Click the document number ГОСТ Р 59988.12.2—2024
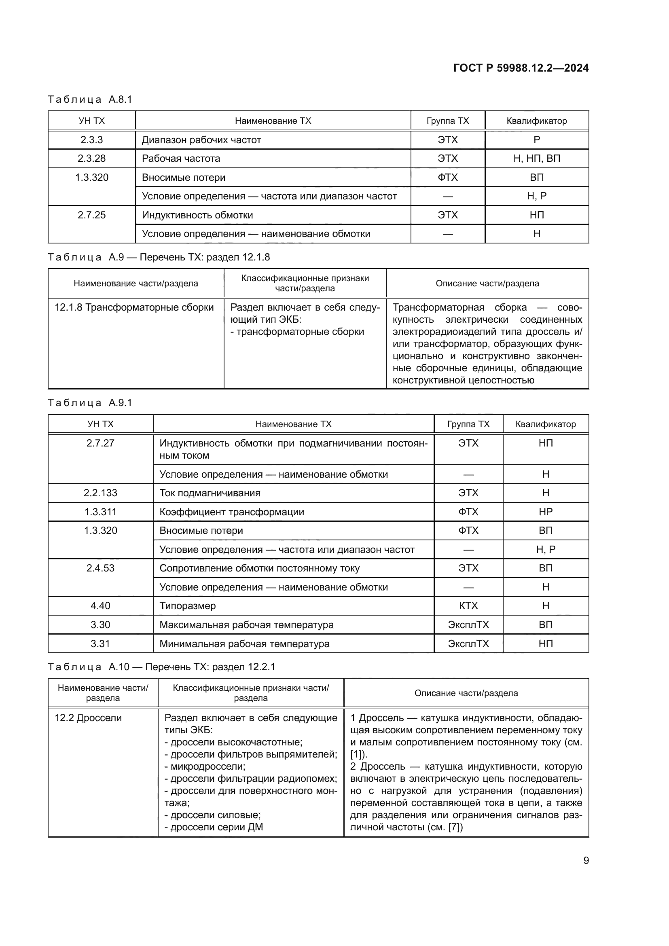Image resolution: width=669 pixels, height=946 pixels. (521, 68)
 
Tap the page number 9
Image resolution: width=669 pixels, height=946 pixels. (586, 860)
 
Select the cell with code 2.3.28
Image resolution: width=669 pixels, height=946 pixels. (91, 158)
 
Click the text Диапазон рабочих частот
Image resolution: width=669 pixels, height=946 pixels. (201, 140)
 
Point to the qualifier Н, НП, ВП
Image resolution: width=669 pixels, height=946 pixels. (536, 158)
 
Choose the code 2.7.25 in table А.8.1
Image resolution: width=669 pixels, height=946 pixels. (91, 215)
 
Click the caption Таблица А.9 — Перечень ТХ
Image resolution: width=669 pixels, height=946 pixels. (159, 257)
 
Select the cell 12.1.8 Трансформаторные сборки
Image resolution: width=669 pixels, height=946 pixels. (134, 307)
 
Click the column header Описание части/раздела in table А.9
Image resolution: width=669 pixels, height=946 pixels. (487, 284)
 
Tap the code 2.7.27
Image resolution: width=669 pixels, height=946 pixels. (100, 443)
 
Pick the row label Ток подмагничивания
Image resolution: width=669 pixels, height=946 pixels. (210, 493)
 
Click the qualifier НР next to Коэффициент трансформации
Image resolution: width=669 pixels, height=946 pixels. (545, 512)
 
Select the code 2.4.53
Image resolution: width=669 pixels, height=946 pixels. (100, 568)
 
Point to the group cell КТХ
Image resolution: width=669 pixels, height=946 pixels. (468, 606)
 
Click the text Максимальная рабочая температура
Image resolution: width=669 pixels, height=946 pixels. (246, 624)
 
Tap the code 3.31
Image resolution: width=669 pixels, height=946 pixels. (100, 643)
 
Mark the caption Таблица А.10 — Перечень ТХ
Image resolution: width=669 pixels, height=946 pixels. (161, 667)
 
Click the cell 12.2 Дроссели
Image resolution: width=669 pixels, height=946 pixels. (88, 718)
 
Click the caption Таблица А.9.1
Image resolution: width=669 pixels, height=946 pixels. (90, 402)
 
